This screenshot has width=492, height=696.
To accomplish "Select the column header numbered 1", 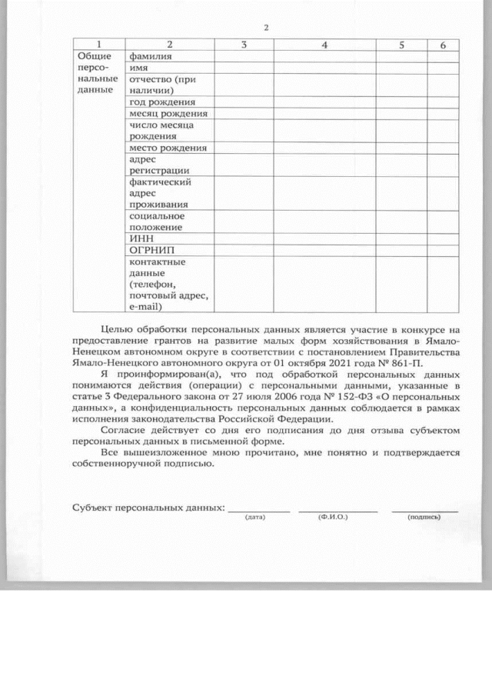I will (99, 45).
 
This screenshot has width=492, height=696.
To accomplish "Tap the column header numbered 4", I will (324, 45).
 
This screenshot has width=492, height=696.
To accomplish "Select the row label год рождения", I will (162, 102).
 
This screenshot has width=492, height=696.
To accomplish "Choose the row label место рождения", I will (168, 147).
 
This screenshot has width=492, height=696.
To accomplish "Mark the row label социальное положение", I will (157, 221).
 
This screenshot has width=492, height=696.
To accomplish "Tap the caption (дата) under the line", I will (254, 518).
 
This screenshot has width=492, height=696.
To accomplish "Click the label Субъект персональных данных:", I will (148, 508).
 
